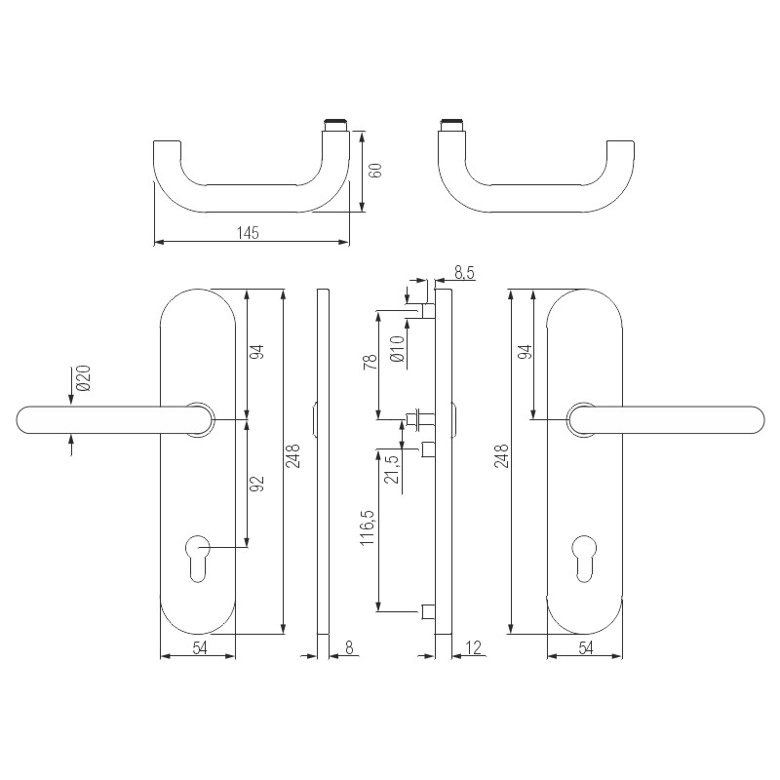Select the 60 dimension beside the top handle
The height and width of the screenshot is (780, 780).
(x=375, y=170)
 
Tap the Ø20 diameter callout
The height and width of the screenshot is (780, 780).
(x=83, y=378)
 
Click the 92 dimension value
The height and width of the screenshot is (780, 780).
(x=258, y=485)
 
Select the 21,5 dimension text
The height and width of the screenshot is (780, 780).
(x=392, y=467)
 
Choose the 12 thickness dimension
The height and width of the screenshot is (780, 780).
(x=475, y=646)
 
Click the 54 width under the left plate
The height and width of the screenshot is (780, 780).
(x=198, y=647)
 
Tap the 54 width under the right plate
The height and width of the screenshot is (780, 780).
(x=585, y=647)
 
